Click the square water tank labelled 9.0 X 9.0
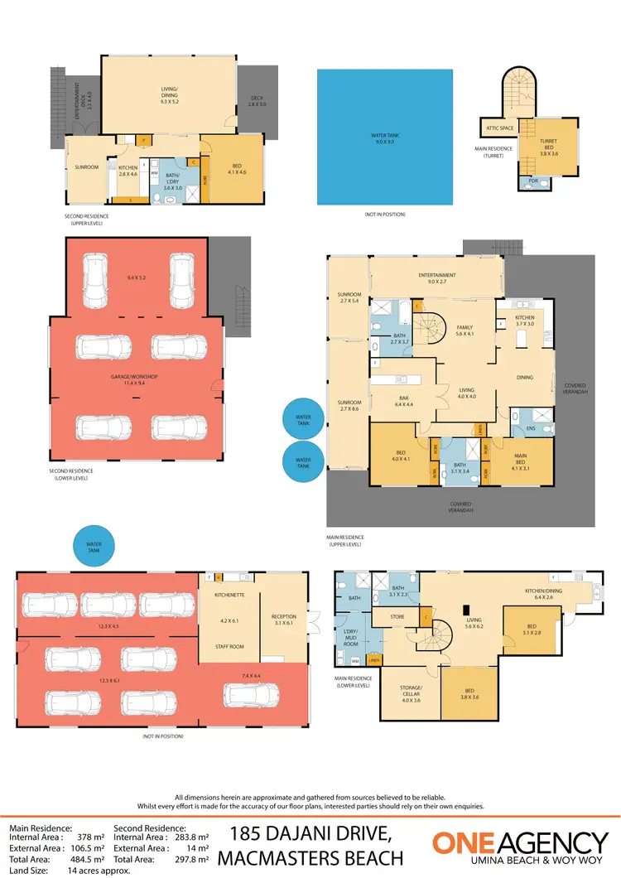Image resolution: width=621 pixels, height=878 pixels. (x=385, y=137)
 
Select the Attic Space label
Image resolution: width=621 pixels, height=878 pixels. (x=501, y=128)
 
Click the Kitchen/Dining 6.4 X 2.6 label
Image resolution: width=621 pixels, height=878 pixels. (x=543, y=593)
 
